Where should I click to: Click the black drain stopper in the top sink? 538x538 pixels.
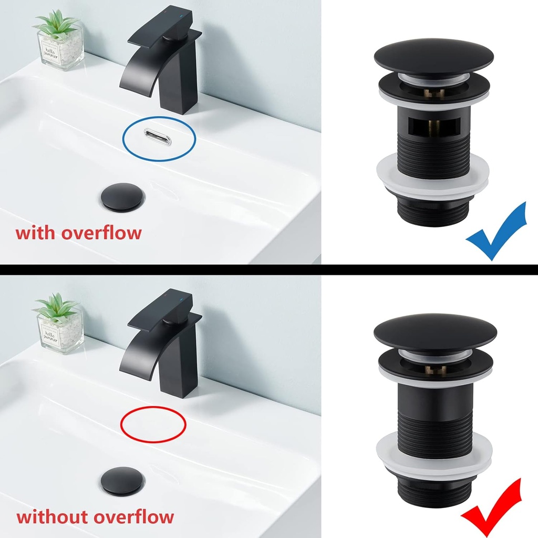coord(121,196)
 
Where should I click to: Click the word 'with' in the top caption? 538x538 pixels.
coord(36,232)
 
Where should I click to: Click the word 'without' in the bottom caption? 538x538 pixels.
coord(51,516)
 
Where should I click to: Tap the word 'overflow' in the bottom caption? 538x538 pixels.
coord(133,516)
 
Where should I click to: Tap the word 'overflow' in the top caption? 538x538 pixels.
coord(101,232)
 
